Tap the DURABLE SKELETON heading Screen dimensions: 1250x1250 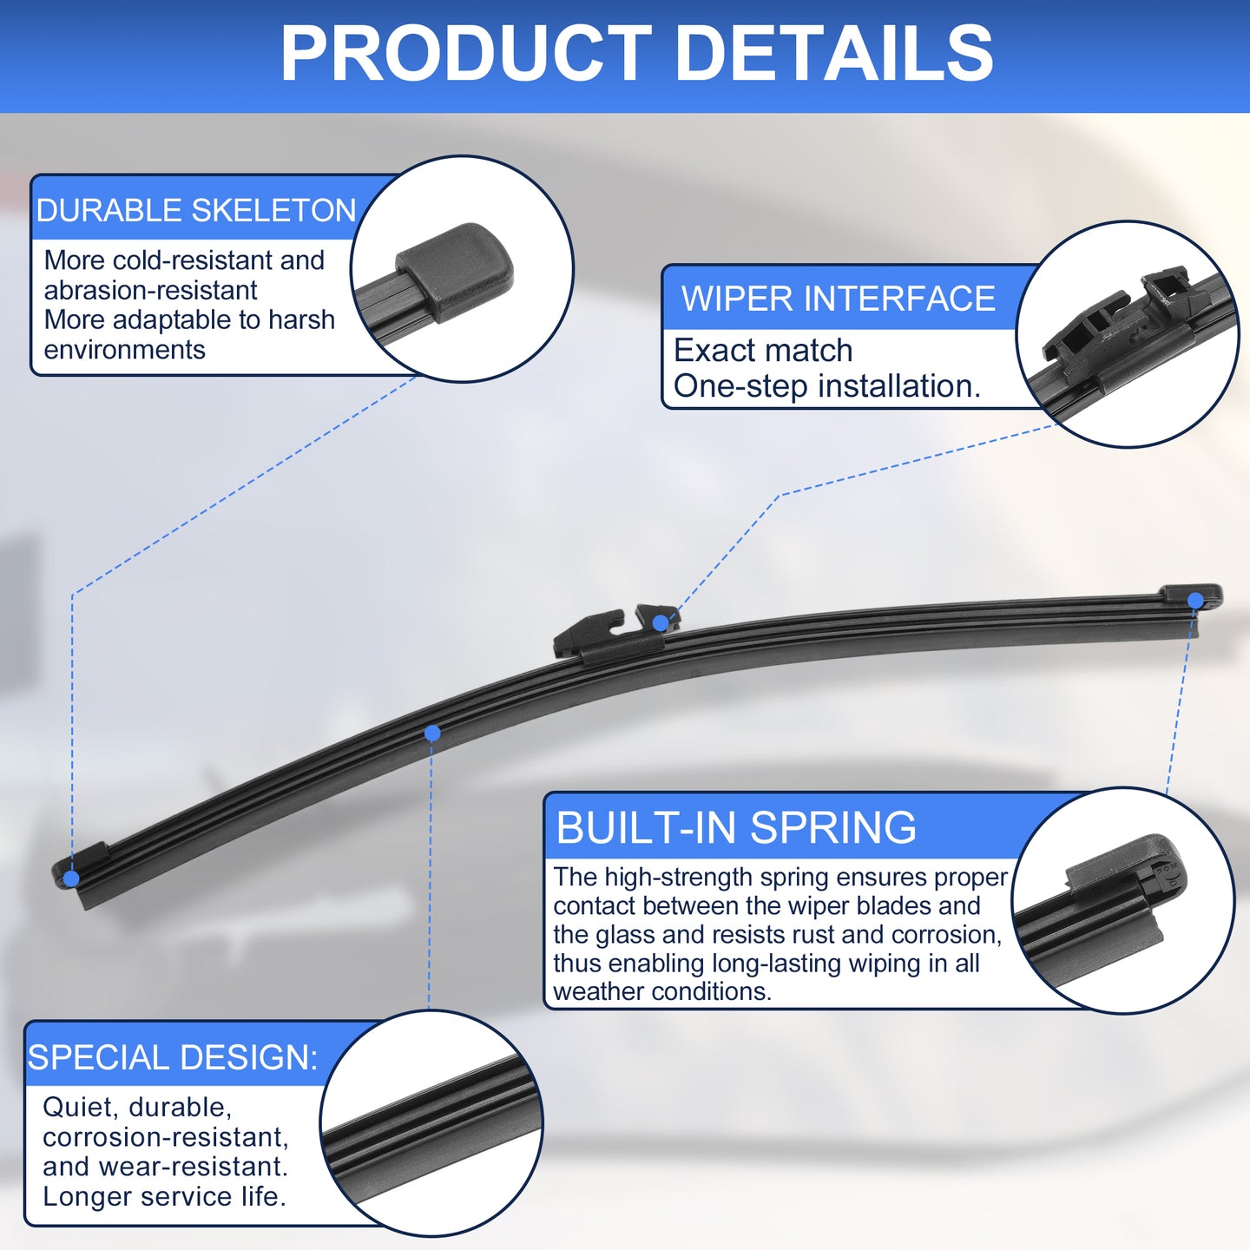pyautogui.click(x=196, y=210)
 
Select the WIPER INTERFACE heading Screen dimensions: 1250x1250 pyautogui.click(x=838, y=299)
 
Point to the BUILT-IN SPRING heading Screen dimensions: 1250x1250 pyautogui.click(x=736, y=827)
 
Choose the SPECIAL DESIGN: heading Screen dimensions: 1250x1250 pyautogui.click(x=173, y=1056)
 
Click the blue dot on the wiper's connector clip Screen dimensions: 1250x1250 pyautogui.click(x=661, y=622)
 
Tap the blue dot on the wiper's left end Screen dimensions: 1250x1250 pyautogui.click(x=71, y=878)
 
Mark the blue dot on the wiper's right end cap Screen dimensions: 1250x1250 pyautogui.click(x=1194, y=600)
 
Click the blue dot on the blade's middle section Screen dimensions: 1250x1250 pyautogui.click(x=432, y=733)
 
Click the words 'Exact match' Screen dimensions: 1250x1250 pyautogui.click(x=763, y=351)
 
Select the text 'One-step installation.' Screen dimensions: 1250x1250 pyautogui.click(x=827, y=386)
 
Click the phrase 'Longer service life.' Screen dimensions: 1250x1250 pyautogui.click(x=164, y=1196)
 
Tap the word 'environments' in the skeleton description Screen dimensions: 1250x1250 pyautogui.click(x=124, y=350)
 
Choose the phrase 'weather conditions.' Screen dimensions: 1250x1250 pyautogui.click(x=662, y=991)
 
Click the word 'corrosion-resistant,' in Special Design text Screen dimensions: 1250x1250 pyautogui.click(x=166, y=1136)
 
